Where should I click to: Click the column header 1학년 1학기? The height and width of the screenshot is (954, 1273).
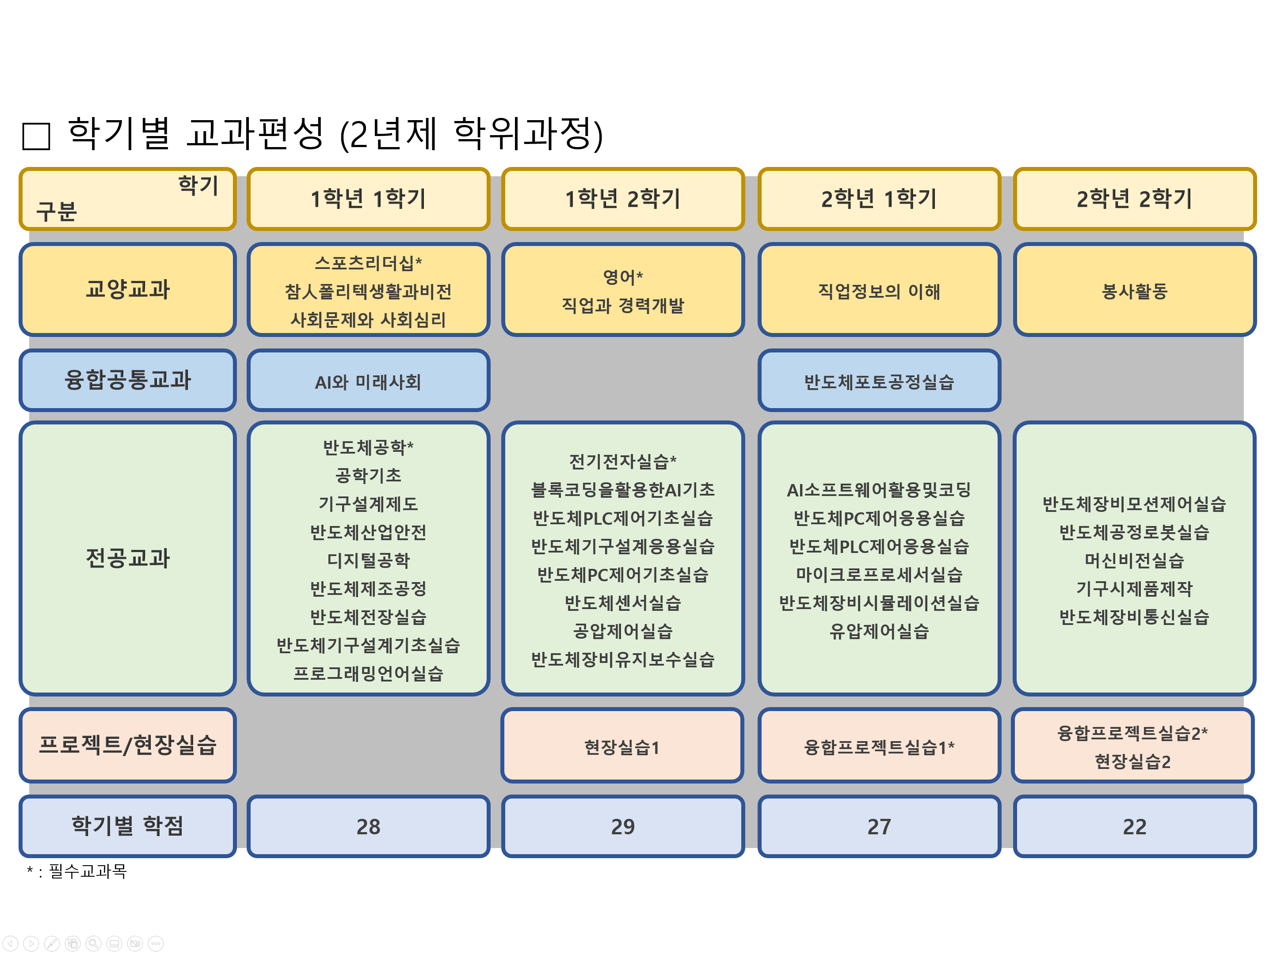point(368,199)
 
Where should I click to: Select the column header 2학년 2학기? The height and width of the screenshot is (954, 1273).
point(1134,199)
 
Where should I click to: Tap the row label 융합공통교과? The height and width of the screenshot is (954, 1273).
point(128,380)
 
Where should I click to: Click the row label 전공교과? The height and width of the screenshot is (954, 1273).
point(128,558)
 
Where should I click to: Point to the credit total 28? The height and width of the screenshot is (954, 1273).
point(368,827)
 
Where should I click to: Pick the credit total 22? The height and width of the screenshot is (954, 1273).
point(1134,827)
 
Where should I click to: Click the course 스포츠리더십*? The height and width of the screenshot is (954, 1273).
point(368,263)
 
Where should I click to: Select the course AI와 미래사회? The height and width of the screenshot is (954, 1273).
point(368,382)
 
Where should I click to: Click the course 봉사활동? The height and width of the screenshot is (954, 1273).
point(1134,291)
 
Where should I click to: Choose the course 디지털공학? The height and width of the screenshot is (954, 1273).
point(368,560)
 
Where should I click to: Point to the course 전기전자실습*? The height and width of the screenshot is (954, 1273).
point(623,461)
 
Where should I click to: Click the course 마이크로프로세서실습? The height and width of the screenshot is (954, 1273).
point(879,575)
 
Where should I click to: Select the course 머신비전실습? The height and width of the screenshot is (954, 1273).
point(1134,560)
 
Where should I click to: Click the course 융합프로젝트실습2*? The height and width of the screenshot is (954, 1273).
point(1132,733)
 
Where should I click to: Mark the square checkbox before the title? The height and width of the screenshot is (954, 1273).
point(36,136)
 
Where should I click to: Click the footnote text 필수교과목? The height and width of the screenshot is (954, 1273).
point(88,871)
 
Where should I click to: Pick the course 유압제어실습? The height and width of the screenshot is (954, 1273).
point(879,632)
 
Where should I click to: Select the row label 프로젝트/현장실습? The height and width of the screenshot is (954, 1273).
point(128,745)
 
